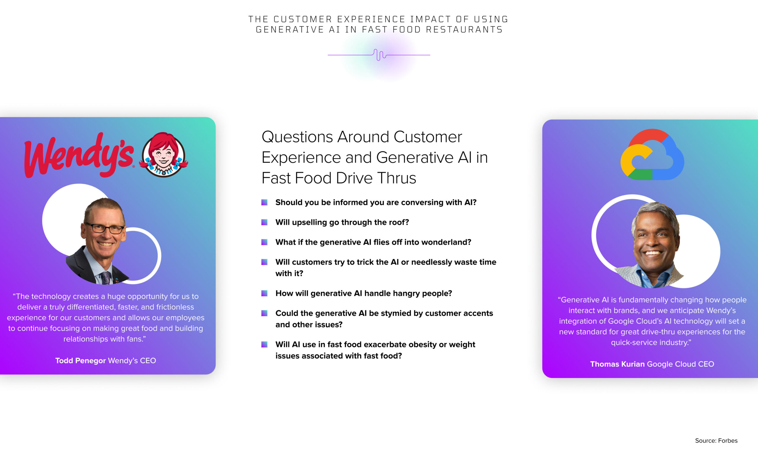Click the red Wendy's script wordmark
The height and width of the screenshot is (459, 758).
pyautogui.click(x=79, y=156)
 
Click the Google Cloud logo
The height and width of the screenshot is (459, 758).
pyautogui.click(x=652, y=154)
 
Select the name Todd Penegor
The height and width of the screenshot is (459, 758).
pyautogui.click(x=80, y=361)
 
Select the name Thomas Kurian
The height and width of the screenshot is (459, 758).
pyautogui.click(x=617, y=364)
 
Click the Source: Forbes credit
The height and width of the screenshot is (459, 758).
pyautogui.click(x=716, y=441)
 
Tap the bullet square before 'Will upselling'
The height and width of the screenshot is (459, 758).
pyautogui.click(x=264, y=222)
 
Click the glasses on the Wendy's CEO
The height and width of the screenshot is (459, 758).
pyautogui.click(x=105, y=228)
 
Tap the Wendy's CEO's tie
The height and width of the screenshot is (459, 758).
pyautogui.click(x=106, y=278)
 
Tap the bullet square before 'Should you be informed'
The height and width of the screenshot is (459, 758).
pyautogui.click(x=264, y=202)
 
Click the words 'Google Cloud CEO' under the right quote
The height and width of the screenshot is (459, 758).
pyautogui.click(x=680, y=364)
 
